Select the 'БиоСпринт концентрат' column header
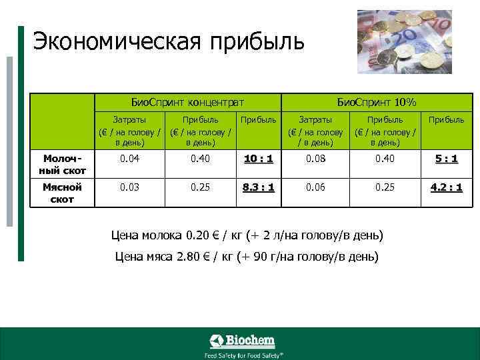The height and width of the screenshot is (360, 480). [x=187, y=102]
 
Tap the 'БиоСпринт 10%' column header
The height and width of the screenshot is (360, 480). [x=377, y=102]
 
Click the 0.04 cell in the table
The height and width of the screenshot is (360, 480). [x=130, y=159]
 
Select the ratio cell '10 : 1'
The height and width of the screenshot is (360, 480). [x=258, y=159]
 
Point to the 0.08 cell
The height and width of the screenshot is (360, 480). [x=316, y=159]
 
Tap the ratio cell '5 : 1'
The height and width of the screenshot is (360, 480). [x=446, y=159]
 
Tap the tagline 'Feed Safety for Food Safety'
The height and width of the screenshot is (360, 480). [x=242, y=355]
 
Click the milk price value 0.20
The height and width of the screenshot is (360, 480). [x=200, y=235]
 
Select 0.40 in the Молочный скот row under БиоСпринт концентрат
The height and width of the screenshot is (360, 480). [x=201, y=159]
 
